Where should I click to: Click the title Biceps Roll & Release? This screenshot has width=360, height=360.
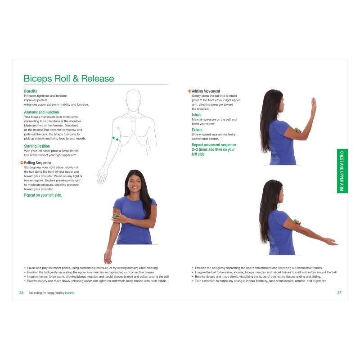pos(69,79)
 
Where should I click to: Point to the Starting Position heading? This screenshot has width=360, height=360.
pos(37,146)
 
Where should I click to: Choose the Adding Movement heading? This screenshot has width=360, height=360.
pos(206,91)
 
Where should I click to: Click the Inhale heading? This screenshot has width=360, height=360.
pos(197,115)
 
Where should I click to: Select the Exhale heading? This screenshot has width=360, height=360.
pos(197,130)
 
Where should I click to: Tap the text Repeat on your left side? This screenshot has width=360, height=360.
pos(43,195)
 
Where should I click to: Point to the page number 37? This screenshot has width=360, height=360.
pos(339,292)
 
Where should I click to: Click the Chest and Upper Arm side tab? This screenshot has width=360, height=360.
pos(342,171)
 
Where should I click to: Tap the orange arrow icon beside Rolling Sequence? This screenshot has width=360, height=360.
pos(22,163)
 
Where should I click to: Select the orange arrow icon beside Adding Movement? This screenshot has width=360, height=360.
pos(189,91)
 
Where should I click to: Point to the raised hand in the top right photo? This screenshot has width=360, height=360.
pos(313,106)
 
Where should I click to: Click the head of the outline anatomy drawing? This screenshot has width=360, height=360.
pos(133,99)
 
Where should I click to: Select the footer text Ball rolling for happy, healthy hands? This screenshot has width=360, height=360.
pos(51,292)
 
